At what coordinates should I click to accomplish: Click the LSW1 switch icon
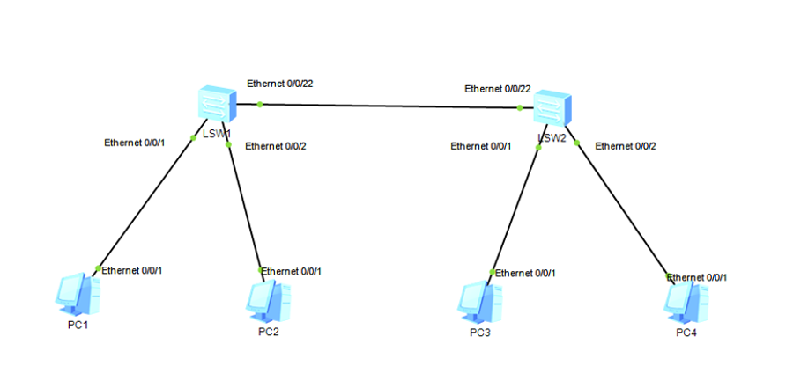pos(217,105)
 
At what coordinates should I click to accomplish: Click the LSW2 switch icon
pos(552,107)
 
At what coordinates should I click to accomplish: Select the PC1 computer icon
pos(78,294)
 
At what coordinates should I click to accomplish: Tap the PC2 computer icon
pos(268,302)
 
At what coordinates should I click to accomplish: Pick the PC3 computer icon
pos(479,303)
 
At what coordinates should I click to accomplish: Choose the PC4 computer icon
pos(686,303)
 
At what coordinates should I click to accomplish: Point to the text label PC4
pos(686,333)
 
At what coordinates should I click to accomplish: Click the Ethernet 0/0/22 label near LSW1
pos(280,84)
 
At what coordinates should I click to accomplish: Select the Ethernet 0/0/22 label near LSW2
pos(498,89)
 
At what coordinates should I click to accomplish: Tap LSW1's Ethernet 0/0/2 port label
pos(276,146)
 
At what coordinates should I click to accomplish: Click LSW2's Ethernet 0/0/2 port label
pos(626,146)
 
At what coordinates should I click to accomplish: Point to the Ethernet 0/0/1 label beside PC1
pos(132,270)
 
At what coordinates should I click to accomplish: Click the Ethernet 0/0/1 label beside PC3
pos(526,274)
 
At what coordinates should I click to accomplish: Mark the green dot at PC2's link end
pos(261,270)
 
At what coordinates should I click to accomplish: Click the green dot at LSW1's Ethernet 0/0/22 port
pos(260,105)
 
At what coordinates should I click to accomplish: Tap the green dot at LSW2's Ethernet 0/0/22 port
pos(520,107)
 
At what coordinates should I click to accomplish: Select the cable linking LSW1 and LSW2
pos(385,106)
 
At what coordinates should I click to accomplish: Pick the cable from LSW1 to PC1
pos(151,198)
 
